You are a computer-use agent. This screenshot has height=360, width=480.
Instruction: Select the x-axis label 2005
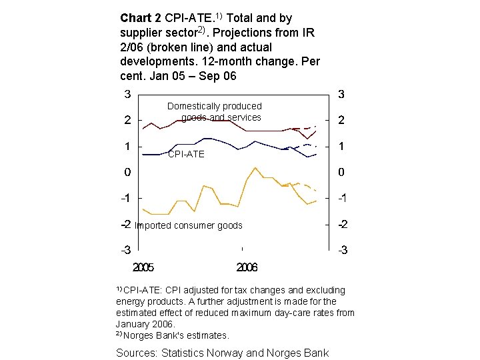(143, 267)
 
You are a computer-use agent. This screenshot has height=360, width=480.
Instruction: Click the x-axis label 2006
(247, 267)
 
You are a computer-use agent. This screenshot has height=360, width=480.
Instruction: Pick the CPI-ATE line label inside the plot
(186, 154)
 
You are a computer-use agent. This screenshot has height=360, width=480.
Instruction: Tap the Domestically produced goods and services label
(215, 111)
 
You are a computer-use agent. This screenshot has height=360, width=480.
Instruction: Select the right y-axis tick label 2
(341, 120)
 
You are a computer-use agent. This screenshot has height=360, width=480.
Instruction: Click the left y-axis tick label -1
(125, 198)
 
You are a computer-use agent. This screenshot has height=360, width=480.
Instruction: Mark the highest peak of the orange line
(255, 167)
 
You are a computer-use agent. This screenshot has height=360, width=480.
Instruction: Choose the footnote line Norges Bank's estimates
(176, 335)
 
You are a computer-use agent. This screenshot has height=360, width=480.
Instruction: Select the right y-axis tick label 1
(341, 146)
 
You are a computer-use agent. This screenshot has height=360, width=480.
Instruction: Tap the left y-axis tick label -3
(125, 250)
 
